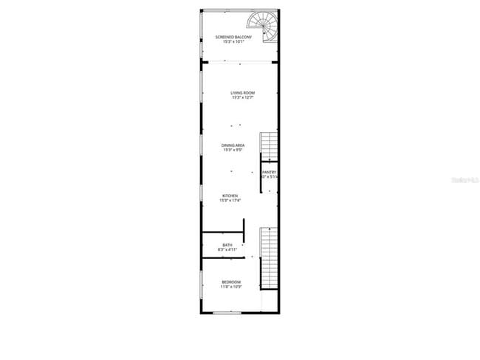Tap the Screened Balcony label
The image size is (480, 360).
(x=233, y=37)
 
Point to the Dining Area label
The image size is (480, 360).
(x=233, y=145)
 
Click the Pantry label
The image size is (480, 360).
(x=269, y=172)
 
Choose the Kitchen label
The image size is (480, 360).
(x=230, y=195)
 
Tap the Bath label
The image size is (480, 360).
(x=227, y=245)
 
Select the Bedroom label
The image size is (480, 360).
(x=231, y=282)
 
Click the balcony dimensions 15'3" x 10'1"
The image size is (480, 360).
(x=233, y=42)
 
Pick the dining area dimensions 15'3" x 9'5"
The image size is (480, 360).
(x=233, y=150)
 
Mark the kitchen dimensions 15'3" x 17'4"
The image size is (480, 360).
(x=230, y=201)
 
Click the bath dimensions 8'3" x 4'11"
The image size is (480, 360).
(x=227, y=250)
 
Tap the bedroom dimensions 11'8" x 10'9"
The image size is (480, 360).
(x=231, y=287)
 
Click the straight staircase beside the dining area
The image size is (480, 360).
(x=269, y=146)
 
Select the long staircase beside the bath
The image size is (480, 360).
(x=269, y=258)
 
